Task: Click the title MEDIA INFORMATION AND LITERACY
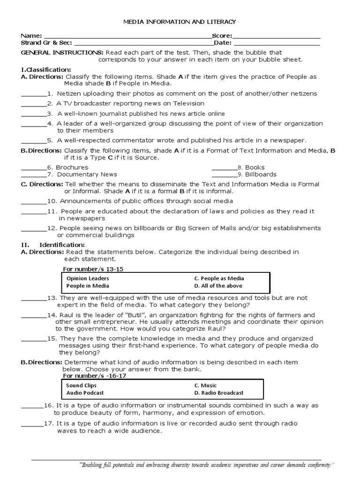point(180,22)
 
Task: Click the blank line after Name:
point(127,36)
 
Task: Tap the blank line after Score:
point(276,36)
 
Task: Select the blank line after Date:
point(277,43)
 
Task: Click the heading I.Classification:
point(46,69)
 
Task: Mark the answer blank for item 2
point(34,104)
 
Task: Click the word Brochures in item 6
point(72,167)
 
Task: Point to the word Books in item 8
point(255,167)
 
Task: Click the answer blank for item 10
point(34,201)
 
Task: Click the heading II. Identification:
point(53,245)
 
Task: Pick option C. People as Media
point(219,278)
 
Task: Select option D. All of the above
point(217,286)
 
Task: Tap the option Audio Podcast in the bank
point(85,393)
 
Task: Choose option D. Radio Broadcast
point(219,393)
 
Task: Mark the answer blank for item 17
point(32,424)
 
